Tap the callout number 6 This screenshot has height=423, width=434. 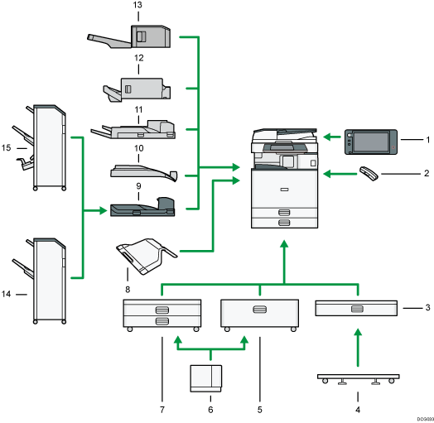[x=210, y=409]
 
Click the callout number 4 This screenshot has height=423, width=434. [x=357, y=408]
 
